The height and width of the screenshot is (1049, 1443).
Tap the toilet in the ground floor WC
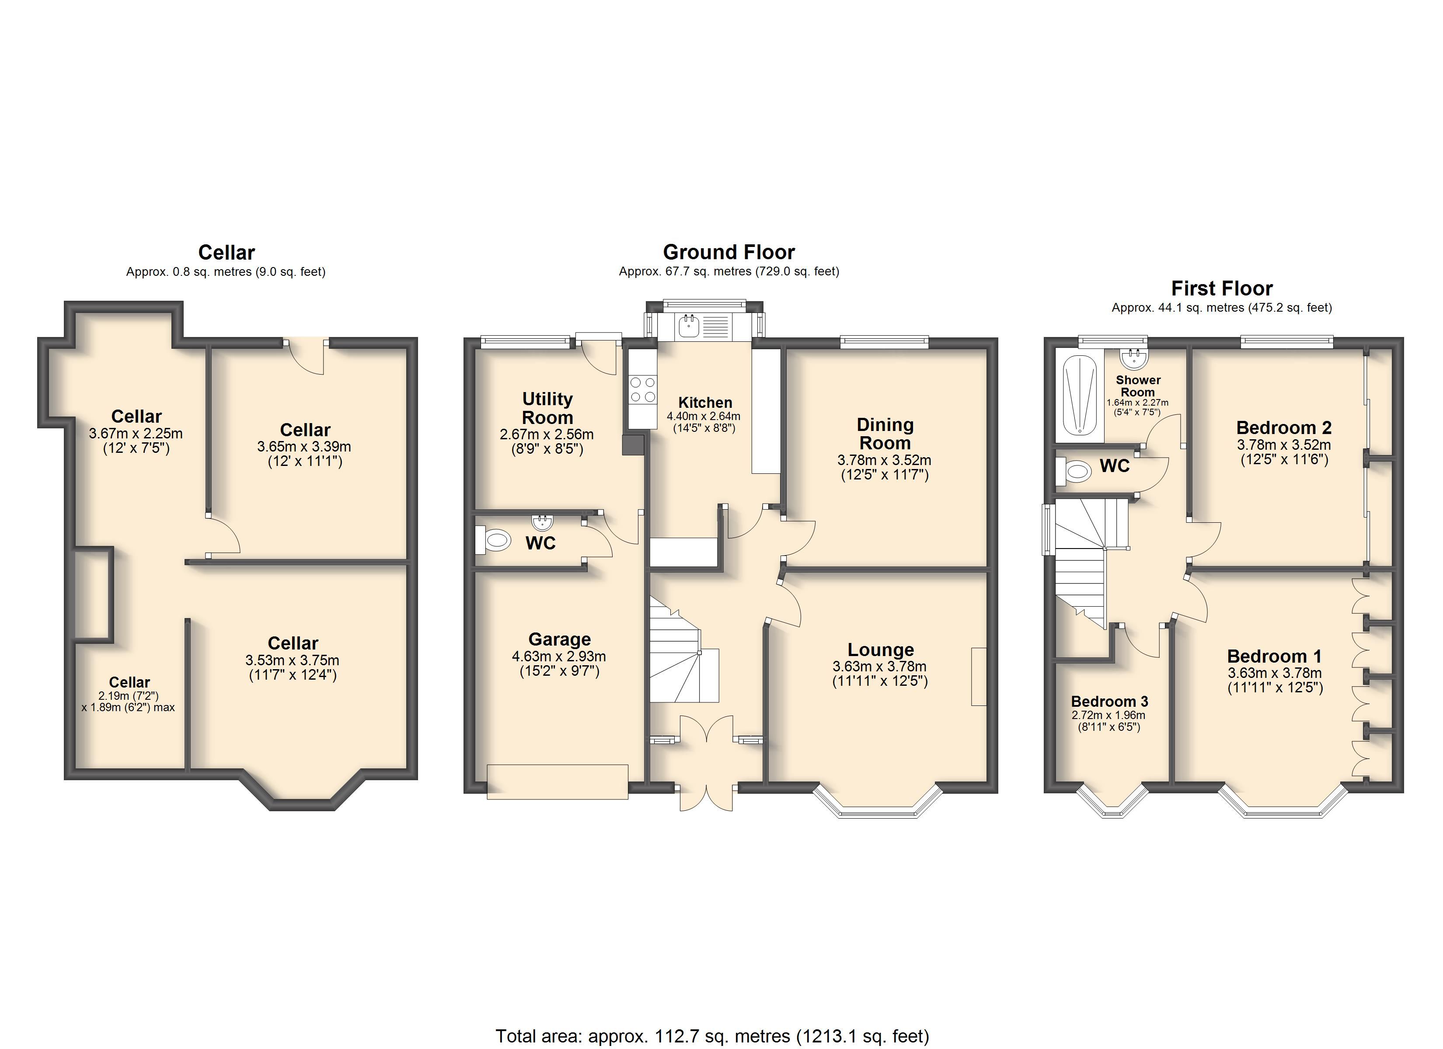pos(493,540)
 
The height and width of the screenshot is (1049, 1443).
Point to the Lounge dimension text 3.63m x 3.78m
pos(879,666)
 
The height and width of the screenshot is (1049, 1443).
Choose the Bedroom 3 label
pos(1110,701)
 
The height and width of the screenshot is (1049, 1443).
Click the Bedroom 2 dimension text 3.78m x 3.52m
pos(1284,445)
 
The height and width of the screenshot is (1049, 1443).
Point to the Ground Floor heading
pos(728,252)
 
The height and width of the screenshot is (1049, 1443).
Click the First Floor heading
pos(1222,288)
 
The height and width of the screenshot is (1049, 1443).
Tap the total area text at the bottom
pos(712,1035)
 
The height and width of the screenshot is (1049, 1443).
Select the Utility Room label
pos(547,408)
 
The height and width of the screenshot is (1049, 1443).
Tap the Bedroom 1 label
pos(1274,656)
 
